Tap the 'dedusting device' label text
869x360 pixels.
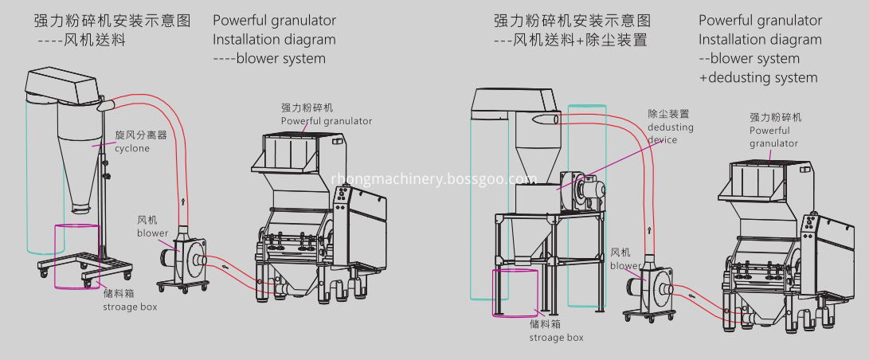(670, 127)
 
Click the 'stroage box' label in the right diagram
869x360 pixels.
(557, 337)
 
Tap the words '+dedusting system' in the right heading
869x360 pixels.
(758, 77)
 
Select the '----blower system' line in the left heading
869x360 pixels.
(269, 58)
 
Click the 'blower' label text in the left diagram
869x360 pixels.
(151, 233)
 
